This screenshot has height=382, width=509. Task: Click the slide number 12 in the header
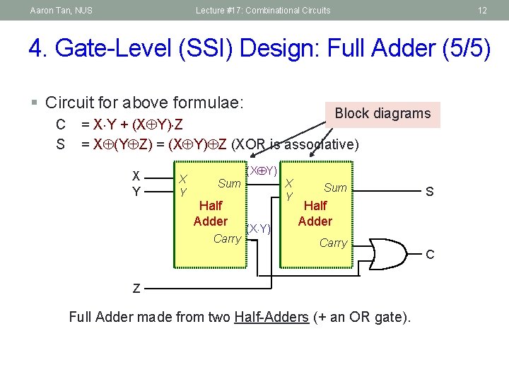point(482,10)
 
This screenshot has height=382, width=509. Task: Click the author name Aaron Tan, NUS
point(62,10)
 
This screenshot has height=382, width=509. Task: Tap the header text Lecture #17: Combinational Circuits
point(263,10)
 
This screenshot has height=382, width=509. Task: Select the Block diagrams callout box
point(382,114)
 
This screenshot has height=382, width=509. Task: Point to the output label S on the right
point(429,192)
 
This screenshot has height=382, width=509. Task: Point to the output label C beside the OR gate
point(429,254)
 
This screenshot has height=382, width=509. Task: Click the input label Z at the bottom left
point(136,288)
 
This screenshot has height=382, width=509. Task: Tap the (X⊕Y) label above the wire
point(262,170)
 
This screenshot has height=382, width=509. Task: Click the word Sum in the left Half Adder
point(229,184)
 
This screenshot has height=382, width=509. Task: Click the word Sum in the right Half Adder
point(335,187)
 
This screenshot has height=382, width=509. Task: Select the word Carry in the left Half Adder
point(227,238)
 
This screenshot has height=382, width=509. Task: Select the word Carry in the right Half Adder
point(333,243)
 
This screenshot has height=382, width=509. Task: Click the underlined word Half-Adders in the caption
point(271,317)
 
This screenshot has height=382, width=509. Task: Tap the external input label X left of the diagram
point(136,177)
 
